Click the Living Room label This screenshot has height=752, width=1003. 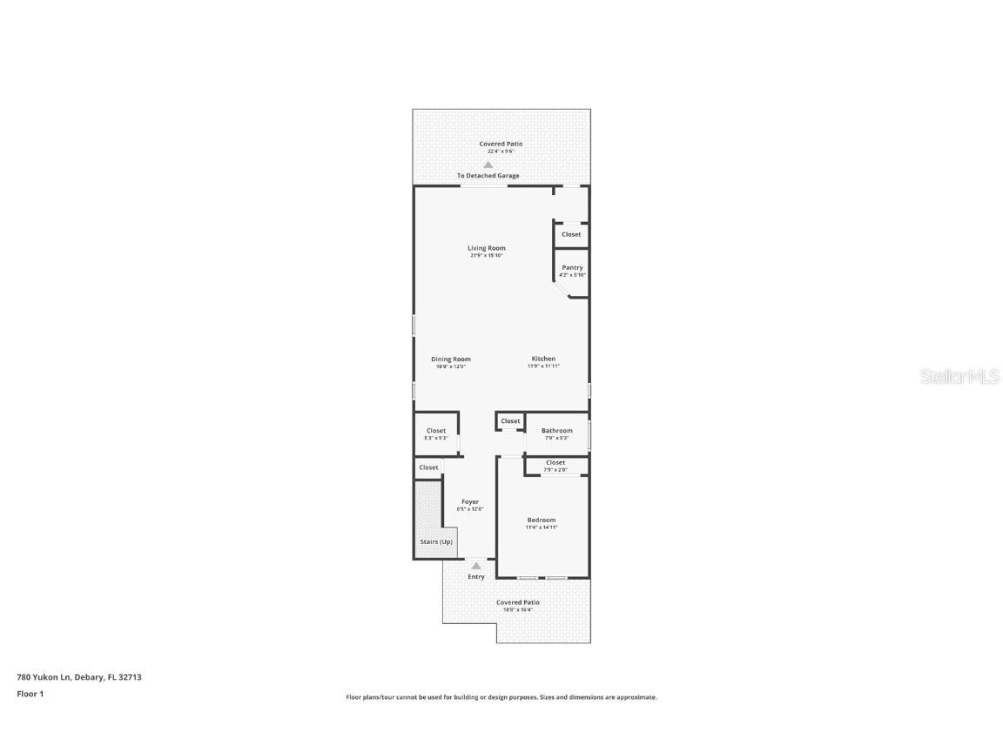click(x=486, y=248)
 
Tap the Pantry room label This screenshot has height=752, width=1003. click(x=572, y=267)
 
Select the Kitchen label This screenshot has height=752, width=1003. click(x=543, y=359)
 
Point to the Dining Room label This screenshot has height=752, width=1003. click(x=450, y=359)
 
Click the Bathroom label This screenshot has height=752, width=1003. click(x=556, y=430)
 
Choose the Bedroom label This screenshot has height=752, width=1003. click(x=541, y=520)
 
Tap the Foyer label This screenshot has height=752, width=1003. click(x=469, y=501)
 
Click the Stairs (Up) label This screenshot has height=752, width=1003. click(x=436, y=541)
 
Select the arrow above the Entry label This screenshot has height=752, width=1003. click(x=476, y=566)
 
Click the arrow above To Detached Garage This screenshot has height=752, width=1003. click(x=488, y=164)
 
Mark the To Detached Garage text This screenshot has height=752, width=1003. click(x=488, y=176)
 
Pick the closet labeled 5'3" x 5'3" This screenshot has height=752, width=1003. click(x=435, y=433)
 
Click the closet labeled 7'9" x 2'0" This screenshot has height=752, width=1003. click(x=555, y=466)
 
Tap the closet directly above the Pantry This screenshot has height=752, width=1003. click(x=571, y=234)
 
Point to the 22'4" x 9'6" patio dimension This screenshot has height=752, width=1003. click(x=501, y=151)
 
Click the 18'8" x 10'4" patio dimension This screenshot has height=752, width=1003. click(x=517, y=609)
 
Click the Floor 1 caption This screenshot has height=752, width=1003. click(x=30, y=694)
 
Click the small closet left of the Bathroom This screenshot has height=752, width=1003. click(x=510, y=421)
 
